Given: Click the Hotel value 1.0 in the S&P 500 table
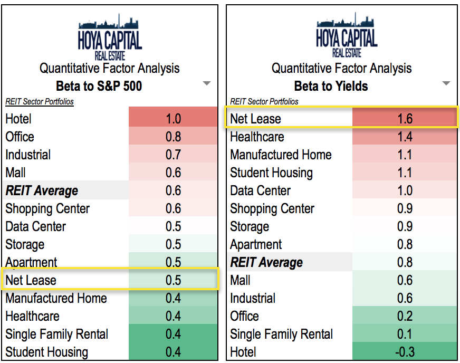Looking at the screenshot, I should pos(173,119).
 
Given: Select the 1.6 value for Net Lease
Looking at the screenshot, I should pos(405,119).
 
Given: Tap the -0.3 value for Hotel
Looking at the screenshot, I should pos(405,352).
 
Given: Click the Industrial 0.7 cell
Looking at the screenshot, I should pos(173,155).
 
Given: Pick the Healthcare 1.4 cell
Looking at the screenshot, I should pos(405,137).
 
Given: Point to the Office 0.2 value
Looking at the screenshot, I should pos(405,316).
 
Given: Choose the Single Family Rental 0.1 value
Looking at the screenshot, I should pos(405,334).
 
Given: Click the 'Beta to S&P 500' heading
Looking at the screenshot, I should pos(99,86).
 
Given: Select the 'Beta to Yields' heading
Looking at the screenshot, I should pos(331,86).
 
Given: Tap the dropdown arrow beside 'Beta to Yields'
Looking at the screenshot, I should pos(446,83).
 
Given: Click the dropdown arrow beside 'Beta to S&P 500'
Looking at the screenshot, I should pos(207,83).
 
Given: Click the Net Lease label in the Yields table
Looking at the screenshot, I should pos(255,119).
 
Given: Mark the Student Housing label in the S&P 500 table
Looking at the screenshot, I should pos(46,352).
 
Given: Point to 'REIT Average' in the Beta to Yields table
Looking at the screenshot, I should pos(266,262).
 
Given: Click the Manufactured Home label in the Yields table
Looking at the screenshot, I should pos(281,155).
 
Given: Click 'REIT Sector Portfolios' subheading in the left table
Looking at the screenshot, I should pos(40,101).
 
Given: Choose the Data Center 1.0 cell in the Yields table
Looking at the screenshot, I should pos(405,190).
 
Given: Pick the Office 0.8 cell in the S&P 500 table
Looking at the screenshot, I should pos(173,137).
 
